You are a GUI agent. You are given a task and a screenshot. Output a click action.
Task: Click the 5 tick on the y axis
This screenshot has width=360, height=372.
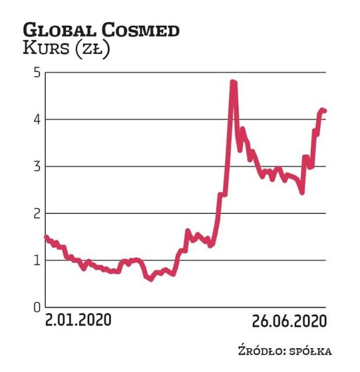[x=36, y=73]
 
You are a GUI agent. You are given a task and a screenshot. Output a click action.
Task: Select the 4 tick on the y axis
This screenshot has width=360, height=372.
[x=36, y=120]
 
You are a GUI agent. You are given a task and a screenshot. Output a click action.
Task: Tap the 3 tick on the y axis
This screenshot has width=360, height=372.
[x=36, y=167]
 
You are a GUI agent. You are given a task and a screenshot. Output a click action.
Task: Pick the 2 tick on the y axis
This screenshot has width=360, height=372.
[x=36, y=214]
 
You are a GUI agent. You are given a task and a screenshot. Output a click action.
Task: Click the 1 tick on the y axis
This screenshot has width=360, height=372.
[x=36, y=260]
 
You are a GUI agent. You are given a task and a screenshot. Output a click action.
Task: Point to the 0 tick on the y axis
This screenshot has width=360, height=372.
[x=36, y=307]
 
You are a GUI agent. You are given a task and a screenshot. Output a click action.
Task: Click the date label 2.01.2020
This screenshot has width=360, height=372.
[x=78, y=321]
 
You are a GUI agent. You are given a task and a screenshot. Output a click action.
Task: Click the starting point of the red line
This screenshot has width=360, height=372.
[x=45, y=237]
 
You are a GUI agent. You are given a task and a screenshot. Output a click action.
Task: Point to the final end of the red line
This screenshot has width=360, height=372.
[x=325, y=111]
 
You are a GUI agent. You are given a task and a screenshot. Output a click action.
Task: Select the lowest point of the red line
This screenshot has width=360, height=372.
[x=151, y=279]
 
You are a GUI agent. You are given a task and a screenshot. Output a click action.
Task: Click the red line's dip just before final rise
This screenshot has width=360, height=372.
[x=302, y=192]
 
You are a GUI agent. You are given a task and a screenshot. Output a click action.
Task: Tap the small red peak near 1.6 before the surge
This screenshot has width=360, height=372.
[x=188, y=231]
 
